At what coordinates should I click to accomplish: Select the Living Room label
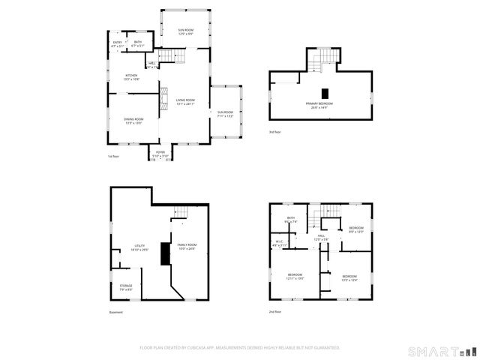185,101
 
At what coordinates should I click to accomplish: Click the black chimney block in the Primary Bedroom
325,93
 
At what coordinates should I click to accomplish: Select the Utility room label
139,247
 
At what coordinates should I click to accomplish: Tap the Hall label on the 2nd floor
320,238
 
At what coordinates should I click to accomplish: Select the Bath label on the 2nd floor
290,220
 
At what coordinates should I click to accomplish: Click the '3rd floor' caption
275,131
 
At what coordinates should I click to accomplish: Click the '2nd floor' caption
276,311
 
